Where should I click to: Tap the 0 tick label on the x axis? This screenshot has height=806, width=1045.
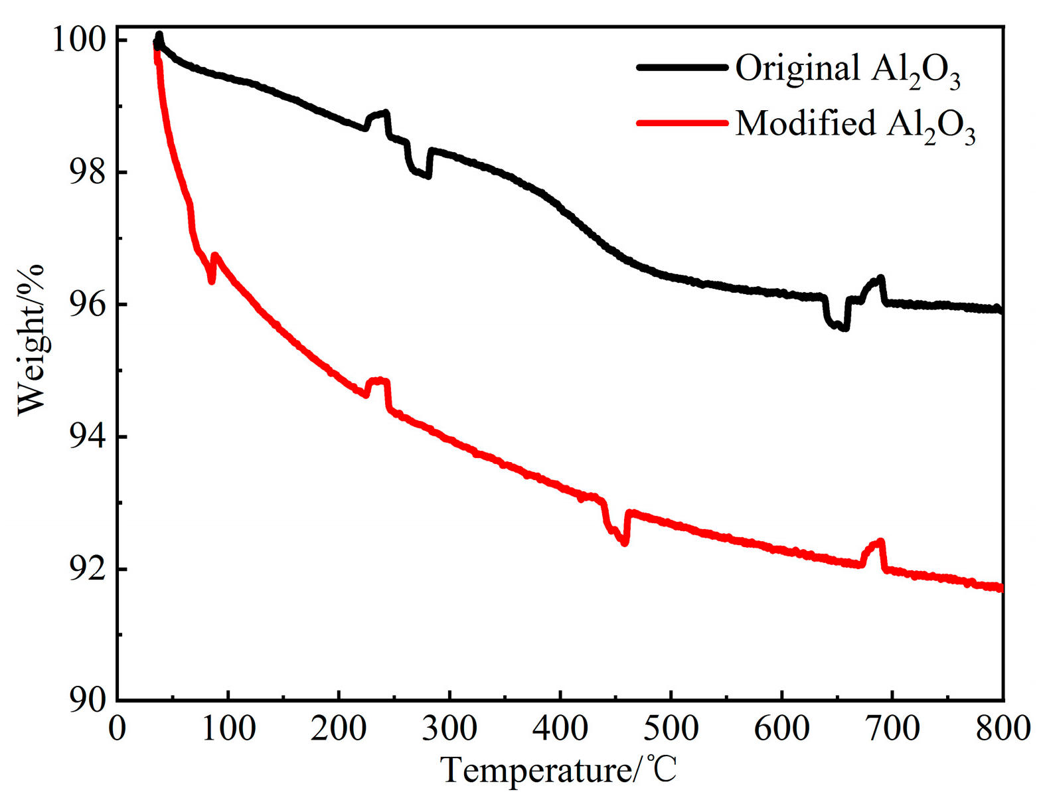coord(118,728)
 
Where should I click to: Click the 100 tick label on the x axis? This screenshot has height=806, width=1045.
coord(228,728)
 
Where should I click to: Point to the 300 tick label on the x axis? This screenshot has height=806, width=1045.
coord(449,728)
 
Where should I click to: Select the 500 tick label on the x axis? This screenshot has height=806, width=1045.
coord(671,728)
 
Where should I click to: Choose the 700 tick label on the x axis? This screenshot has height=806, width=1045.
coord(892,728)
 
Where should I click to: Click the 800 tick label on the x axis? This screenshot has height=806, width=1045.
coord(1003,728)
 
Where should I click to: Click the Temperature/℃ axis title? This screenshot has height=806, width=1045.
coord(559,771)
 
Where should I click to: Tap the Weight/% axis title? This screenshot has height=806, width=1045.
coord(31,339)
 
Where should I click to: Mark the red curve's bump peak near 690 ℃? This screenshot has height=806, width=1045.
coord(881,542)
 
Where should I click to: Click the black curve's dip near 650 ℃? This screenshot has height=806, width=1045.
coord(843,327)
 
